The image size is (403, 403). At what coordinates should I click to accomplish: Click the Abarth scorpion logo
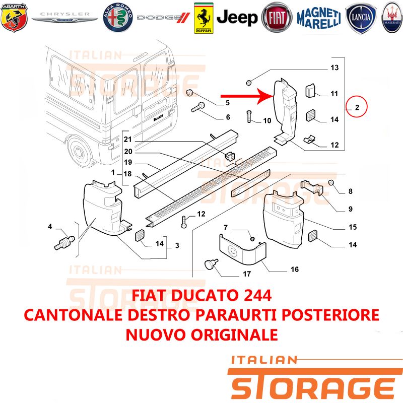pyautogui.click(x=14, y=18)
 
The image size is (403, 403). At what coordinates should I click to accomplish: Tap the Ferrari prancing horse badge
pyautogui.click(x=204, y=18)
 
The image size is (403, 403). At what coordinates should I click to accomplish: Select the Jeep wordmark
pyautogui.click(x=237, y=18)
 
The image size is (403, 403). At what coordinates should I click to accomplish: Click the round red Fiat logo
pyautogui.click(x=277, y=18)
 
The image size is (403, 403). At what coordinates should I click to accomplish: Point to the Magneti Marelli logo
pyautogui.click(x=319, y=18)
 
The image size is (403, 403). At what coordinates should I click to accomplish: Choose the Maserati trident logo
pyautogui.click(x=392, y=18)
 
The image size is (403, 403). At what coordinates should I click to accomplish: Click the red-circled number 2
pyautogui.click(x=357, y=107)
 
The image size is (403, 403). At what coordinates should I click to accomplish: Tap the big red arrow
pyautogui.click(x=247, y=96)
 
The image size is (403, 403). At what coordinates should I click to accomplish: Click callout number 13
pyautogui.click(x=334, y=68)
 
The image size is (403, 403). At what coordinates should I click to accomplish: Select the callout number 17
pyautogui.click(x=247, y=274)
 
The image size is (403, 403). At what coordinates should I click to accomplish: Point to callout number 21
pyautogui.click(x=128, y=140)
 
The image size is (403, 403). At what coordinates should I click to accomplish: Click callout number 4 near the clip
pyautogui.click(x=50, y=226)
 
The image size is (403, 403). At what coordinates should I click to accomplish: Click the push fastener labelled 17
pyautogui.click(x=211, y=264)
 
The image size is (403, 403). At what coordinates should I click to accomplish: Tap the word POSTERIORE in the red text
pyautogui.click(x=330, y=315)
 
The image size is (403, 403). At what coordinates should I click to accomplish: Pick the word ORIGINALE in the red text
pyautogui.click(x=234, y=334)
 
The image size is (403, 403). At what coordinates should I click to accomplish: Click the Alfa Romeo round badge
pyautogui.click(x=118, y=18)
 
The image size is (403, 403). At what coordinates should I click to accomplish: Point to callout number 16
pyautogui.click(x=295, y=270)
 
